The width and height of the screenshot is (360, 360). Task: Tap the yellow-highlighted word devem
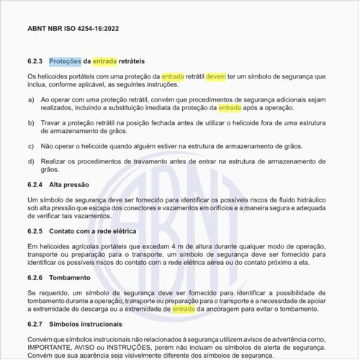215,76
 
